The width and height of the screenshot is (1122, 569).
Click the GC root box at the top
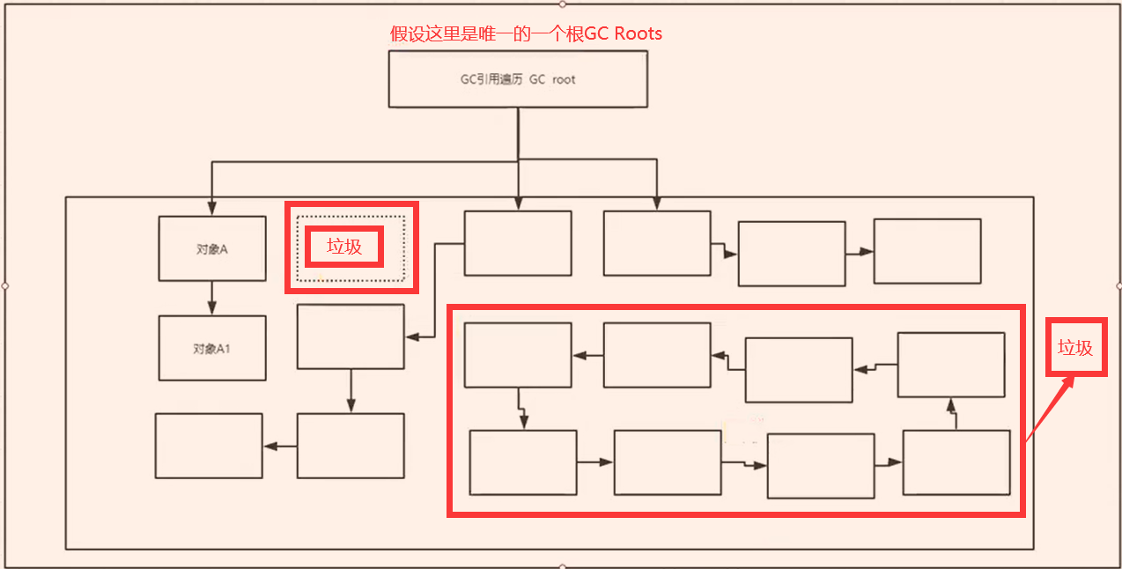(x=518, y=79)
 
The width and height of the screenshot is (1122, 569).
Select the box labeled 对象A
(x=212, y=249)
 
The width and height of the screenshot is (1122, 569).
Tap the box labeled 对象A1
(x=212, y=349)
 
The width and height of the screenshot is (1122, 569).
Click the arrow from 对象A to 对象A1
(x=211, y=299)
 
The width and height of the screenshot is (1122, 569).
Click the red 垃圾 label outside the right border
(x=1075, y=348)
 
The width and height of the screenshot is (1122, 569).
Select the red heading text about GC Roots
(x=526, y=34)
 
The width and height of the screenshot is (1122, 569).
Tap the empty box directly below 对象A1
(x=209, y=446)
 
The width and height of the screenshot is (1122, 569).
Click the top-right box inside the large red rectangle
(x=951, y=365)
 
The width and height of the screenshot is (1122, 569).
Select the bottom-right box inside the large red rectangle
(x=956, y=462)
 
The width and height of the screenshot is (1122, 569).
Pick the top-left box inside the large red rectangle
(x=518, y=355)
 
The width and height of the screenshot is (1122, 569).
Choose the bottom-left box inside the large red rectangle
(x=523, y=462)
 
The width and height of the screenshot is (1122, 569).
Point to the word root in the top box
(x=564, y=79)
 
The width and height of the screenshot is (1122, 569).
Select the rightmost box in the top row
(x=927, y=251)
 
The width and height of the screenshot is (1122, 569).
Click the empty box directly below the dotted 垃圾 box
(x=351, y=336)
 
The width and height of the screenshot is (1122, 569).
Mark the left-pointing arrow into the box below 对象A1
(x=279, y=447)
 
